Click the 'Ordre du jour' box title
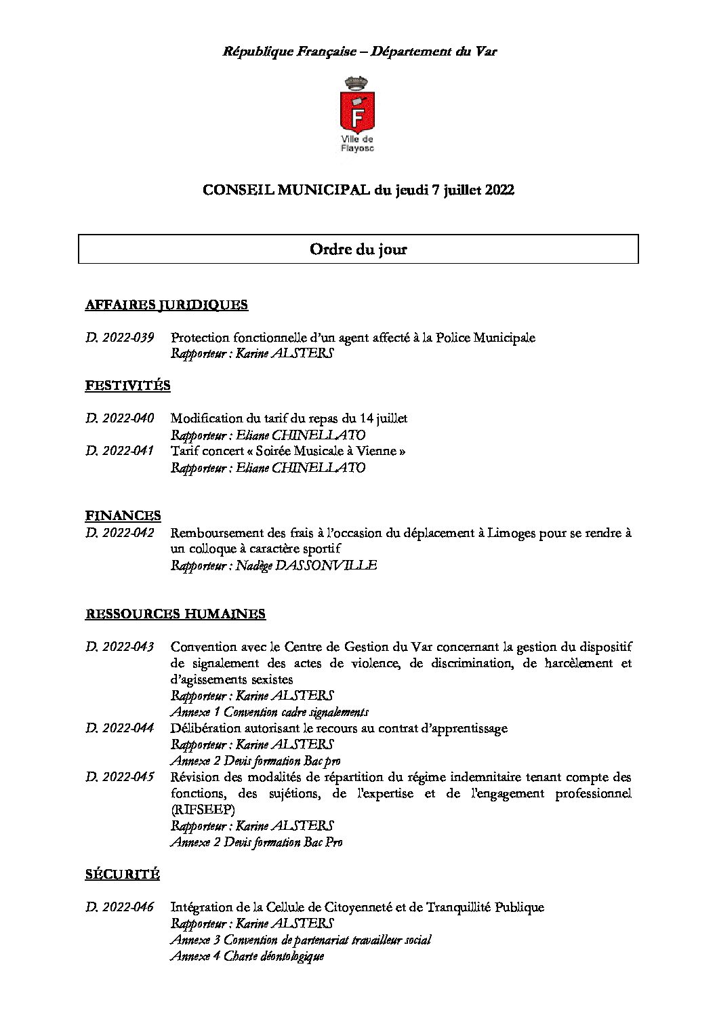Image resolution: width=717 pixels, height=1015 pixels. [358, 250]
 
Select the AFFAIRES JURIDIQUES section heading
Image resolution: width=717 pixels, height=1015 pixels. [167, 305]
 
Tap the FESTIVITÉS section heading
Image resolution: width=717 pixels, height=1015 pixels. [127, 386]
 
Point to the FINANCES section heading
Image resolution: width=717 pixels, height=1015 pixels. [123, 516]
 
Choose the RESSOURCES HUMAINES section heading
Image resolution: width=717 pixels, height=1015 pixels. [176, 614]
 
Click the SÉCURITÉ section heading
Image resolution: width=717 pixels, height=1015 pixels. [123, 875]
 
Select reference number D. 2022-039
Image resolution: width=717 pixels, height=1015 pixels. [120, 338]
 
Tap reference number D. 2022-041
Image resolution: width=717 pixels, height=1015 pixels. [120, 452]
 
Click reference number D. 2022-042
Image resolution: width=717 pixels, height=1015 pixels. [120, 533]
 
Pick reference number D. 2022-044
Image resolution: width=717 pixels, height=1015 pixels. [120, 728]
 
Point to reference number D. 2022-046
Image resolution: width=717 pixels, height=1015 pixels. [120, 907]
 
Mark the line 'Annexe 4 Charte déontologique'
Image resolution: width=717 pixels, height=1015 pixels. [247, 956]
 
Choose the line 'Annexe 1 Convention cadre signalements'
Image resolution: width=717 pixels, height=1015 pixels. [270, 712]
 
